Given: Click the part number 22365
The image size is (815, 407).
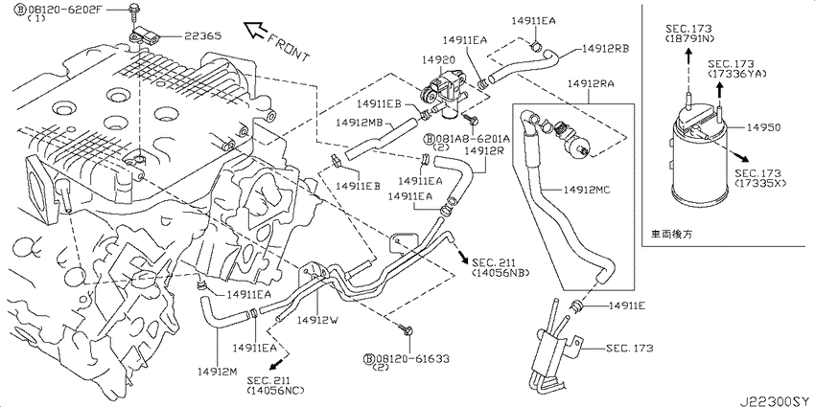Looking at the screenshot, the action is coord(201,36).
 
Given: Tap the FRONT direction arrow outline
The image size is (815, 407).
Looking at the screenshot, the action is coord(255,31).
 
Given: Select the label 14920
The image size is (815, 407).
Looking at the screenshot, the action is coord(439,59).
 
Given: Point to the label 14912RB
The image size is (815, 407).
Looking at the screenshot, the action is coord(606,48).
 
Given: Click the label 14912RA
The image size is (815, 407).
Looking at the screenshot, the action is coord(591,82).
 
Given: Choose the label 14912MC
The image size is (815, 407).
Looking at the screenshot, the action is coord(586,190).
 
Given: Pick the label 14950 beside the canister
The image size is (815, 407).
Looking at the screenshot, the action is coord(763,126).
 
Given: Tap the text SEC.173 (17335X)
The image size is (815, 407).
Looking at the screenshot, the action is coord(758,178).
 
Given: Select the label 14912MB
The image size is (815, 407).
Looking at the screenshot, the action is coord(360,123).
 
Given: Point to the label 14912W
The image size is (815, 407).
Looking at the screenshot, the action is coord(317,320).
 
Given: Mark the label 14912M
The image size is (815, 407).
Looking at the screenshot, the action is coord(217,371).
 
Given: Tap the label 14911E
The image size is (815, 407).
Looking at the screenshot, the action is coord(627,306).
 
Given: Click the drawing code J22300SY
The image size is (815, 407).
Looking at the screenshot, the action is coord(776,400).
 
